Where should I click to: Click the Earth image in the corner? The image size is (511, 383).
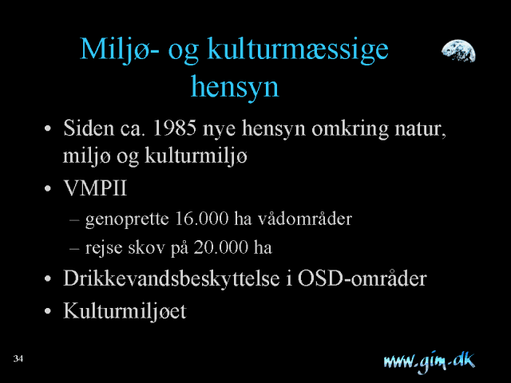click(x=458, y=51)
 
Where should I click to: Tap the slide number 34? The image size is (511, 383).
click(x=18, y=358)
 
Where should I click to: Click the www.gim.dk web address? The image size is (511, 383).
click(x=430, y=361)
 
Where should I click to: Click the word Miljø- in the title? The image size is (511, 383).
click(x=120, y=49)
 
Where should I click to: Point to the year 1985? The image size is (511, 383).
click(x=174, y=128)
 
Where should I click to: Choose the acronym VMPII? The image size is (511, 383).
click(x=95, y=188)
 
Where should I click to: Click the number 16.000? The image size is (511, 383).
click(x=202, y=219)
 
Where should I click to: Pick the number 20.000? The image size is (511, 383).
click(x=221, y=247)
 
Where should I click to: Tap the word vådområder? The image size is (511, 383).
click(x=305, y=219)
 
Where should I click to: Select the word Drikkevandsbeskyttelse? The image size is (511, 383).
click(x=172, y=278)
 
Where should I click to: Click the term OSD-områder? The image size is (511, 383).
click(x=362, y=278)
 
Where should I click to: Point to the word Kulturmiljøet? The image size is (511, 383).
click(x=125, y=311)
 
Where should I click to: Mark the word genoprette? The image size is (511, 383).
click(x=127, y=219)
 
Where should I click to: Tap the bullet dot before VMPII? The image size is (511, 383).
click(x=48, y=188)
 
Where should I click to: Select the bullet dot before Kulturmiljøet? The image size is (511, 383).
click(x=48, y=311)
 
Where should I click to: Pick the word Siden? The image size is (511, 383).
click(x=89, y=128)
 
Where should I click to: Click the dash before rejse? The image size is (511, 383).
click(x=74, y=248)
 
